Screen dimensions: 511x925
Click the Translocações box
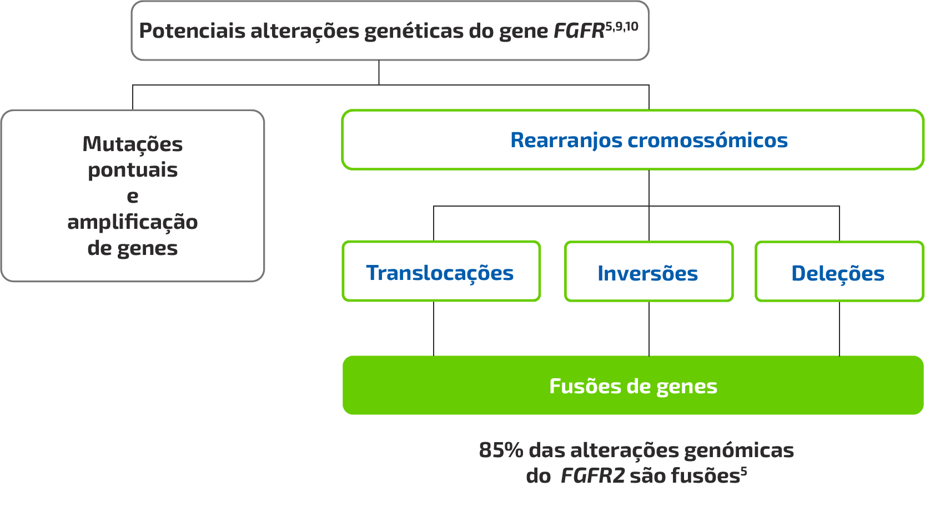click(441, 272)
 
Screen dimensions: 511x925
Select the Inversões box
click(648, 272)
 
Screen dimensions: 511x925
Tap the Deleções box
click(838, 272)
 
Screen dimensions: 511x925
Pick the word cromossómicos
click(707, 140)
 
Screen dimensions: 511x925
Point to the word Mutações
click(133, 144)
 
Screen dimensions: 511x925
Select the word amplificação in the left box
click(133, 222)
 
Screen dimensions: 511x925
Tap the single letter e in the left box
click(133, 196)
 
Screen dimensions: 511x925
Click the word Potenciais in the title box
click(192, 31)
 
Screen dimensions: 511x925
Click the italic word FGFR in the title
click(579, 31)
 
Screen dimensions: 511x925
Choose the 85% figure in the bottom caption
click(501, 449)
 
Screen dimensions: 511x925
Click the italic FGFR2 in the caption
click(592, 476)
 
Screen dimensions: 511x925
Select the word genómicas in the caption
click(738, 450)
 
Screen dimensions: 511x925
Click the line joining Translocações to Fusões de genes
click(434, 328)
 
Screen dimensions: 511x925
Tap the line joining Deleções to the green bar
click(839, 328)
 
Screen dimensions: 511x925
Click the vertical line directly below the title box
click(379, 72)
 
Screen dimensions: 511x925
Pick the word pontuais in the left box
click(133, 170)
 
